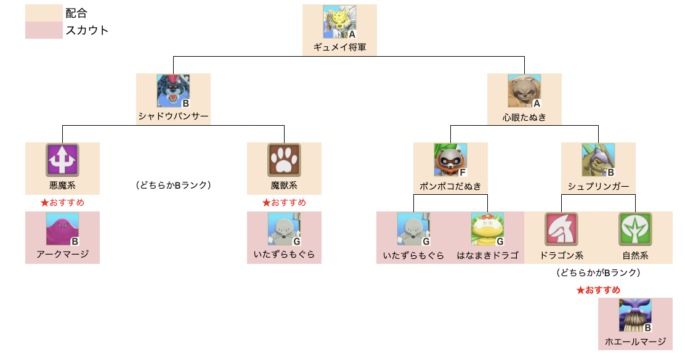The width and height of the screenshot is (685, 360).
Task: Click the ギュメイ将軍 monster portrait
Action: click(x=339, y=22)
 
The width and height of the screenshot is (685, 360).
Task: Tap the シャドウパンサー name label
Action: click(x=173, y=117)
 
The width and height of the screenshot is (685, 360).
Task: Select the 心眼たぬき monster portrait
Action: click(x=524, y=91)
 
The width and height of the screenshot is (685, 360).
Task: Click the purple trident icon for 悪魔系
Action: click(x=62, y=160)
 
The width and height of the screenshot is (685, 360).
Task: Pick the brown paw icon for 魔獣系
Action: click(x=284, y=160)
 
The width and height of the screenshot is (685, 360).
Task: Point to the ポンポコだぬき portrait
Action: click(x=450, y=160)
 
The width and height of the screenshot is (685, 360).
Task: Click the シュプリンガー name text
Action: click(x=598, y=186)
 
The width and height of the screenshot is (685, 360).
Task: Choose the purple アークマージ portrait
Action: click(x=62, y=229)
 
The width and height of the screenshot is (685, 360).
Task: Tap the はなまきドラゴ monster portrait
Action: click(x=487, y=229)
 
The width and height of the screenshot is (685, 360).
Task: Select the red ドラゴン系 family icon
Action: click(x=561, y=229)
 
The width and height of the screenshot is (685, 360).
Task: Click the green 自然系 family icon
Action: click(x=635, y=229)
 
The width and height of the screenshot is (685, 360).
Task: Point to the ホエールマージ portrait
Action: click(x=635, y=316)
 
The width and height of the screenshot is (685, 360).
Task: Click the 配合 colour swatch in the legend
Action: click(x=44, y=12)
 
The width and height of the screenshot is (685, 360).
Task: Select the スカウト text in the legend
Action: click(x=87, y=30)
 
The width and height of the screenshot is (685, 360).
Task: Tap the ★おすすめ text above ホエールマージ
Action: click(x=598, y=290)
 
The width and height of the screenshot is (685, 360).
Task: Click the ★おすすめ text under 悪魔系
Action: click(x=62, y=202)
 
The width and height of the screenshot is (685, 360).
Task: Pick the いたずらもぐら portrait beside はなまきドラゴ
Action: click(x=413, y=229)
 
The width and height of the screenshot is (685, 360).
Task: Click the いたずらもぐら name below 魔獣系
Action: click(x=284, y=255)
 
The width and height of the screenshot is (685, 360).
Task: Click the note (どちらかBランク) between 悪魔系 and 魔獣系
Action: click(x=173, y=185)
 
